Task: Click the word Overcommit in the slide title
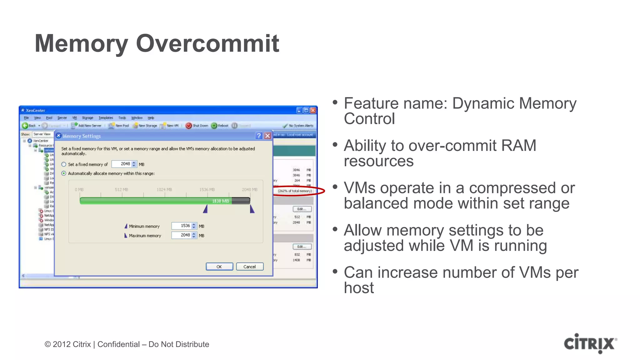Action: point(207,43)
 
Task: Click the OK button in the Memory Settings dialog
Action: point(219,267)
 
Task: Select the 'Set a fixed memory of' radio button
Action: point(64,164)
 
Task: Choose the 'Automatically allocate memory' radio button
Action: point(64,173)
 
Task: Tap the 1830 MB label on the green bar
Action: point(221,201)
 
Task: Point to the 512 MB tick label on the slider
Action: point(121,190)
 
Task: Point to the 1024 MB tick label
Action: point(164,190)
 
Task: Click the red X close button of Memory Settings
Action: point(267,136)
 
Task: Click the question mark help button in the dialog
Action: point(259,136)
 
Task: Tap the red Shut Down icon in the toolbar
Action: point(188,126)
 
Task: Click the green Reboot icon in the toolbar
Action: point(214,126)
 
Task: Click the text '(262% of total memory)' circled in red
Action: point(295,191)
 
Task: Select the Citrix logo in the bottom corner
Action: point(590,343)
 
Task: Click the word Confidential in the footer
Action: point(118,344)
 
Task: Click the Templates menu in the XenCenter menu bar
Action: point(106,118)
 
